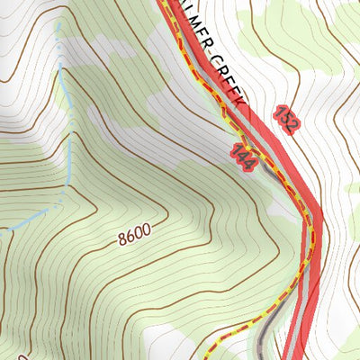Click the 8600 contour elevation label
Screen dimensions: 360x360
pyautogui.click(x=133, y=235)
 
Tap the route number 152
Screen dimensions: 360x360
pyautogui.click(x=285, y=119)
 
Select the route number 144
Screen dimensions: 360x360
pyautogui.click(x=240, y=155)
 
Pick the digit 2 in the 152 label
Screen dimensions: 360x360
pyautogui.click(x=291, y=127)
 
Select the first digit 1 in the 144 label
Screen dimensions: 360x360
pyautogui.click(x=234, y=148)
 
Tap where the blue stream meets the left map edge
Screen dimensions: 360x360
pyautogui.click(x=2, y=230)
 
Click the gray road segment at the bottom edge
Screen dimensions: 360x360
pyautogui.click(x=261, y=355)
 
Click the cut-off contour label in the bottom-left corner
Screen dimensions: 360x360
pyautogui.click(x=4, y=355)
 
